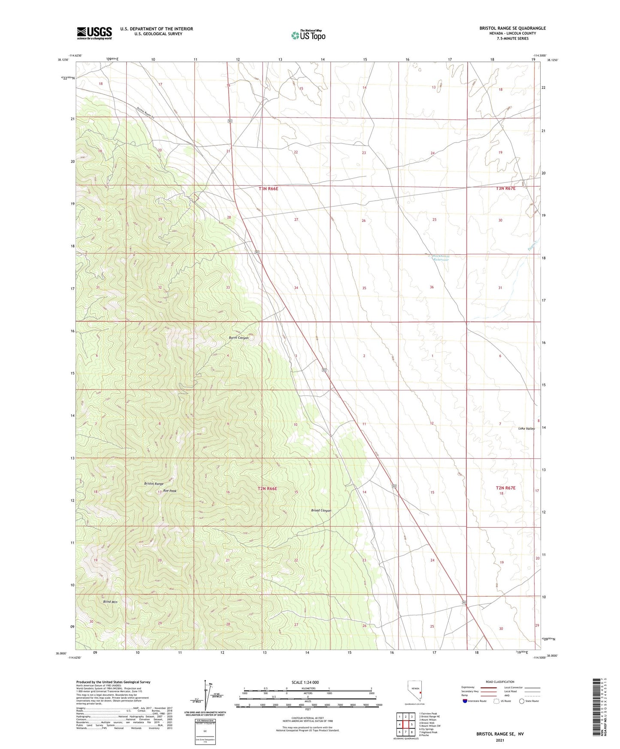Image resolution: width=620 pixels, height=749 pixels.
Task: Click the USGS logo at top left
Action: [x=94, y=33]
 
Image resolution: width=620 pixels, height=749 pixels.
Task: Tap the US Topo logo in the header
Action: [x=308, y=35]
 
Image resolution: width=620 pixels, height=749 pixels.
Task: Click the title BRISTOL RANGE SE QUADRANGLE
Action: [x=512, y=28]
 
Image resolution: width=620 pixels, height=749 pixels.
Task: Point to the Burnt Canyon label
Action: [x=239, y=338]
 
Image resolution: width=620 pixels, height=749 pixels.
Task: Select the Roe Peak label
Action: [x=169, y=491]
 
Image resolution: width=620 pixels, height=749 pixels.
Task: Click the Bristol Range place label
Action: [x=154, y=483]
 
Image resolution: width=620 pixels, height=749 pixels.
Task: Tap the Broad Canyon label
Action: [x=321, y=510]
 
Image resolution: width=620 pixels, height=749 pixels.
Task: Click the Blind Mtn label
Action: [x=110, y=602]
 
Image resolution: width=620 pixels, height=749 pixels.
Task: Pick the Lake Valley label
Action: [x=526, y=429]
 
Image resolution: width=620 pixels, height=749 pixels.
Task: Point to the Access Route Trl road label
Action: [x=148, y=115]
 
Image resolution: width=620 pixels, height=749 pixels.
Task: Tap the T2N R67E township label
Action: [x=505, y=488]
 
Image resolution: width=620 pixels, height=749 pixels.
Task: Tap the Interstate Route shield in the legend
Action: [x=465, y=701]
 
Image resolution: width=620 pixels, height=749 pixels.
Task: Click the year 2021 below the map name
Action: [x=499, y=740]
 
